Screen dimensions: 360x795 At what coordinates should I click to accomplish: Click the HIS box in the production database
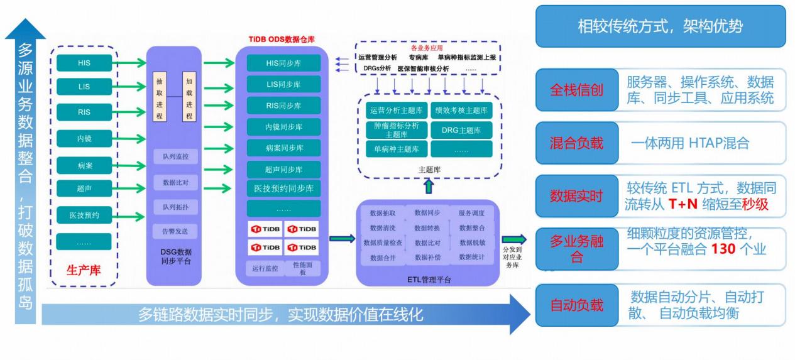[x=84, y=63]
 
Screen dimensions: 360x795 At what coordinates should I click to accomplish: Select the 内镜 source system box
[x=84, y=138]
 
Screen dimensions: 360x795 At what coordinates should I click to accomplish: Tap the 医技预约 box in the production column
[x=84, y=215]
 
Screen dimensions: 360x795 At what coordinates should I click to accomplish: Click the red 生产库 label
[x=84, y=271]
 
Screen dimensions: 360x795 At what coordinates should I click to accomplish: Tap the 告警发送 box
[x=175, y=231]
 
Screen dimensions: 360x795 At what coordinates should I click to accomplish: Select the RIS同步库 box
[x=283, y=105]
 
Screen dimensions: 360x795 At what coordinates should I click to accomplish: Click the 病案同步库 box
[x=283, y=148]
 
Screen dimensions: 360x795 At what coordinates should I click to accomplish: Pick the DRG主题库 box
[x=461, y=130]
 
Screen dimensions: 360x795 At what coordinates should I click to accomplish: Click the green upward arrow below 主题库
[x=429, y=186]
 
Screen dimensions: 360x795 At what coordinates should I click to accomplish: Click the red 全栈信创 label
[x=576, y=90]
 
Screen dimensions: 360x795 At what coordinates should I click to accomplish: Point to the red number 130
[x=723, y=249]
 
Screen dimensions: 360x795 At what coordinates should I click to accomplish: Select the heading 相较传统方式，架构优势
[x=660, y=26]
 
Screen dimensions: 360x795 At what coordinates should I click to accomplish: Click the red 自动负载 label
[x=576, y=305]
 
